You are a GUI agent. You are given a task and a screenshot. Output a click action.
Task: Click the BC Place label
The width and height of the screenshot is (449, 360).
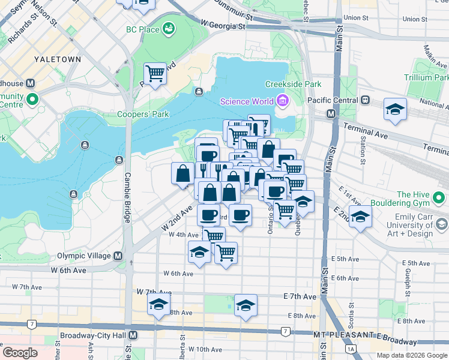pyautogui.click(x=142, y=29)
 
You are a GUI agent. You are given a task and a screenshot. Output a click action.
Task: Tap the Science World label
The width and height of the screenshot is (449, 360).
pyautogui.click(x=247, y=101)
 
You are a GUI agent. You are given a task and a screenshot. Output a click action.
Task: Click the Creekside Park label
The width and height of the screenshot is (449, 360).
pyautogui.click(x=293, y=84)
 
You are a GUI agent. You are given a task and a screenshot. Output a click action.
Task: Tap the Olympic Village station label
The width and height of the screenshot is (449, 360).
pyautogui.click(x=84, y=256)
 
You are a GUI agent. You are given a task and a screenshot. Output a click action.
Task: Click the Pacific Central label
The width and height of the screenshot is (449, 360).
pyautogui.click(x=332, y=100)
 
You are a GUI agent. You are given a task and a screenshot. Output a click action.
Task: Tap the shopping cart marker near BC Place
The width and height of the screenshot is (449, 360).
pyautogui.click(x=155, y=74)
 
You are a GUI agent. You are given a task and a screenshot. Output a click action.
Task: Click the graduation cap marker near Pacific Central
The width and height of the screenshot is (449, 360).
pyautogui.click(x=395, y=109)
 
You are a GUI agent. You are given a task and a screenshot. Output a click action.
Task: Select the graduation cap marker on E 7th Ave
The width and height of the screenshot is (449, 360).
pyautogui.click(x=246, y=305)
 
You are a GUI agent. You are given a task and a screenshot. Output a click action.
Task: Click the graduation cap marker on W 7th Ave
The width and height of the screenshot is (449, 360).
pyautogui.click(x=159, y=305)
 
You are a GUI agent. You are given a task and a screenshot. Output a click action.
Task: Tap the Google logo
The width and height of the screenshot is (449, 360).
pyautogui.click(x=20, y=353)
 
